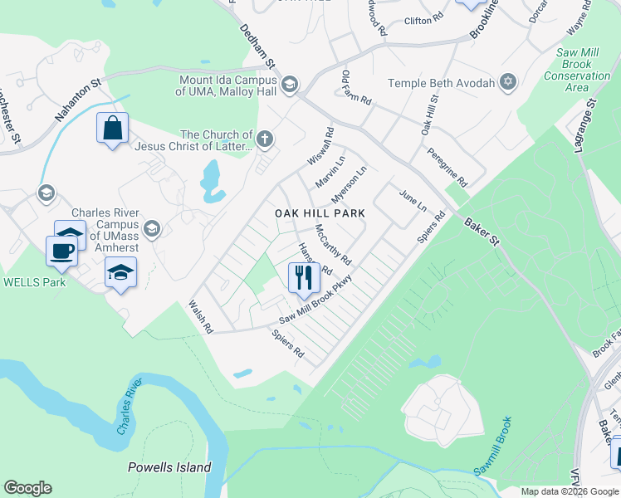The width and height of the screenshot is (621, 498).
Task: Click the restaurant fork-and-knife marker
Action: (x=304, y=277)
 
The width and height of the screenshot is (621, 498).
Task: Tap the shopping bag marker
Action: (x=112, y=129)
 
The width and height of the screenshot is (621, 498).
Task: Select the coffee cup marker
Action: (x=62, y=251)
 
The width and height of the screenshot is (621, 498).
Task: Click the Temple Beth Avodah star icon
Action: (x=508, y=83)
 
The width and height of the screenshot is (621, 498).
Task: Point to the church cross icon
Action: (x=265, y=139)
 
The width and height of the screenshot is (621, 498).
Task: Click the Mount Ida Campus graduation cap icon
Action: (x=290, y=84)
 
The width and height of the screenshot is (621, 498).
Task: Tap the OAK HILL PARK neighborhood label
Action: (x=320, y=213)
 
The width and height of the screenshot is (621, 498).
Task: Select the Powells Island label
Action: (x=169, y=467)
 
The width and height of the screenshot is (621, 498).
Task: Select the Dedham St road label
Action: (x=257, y=46)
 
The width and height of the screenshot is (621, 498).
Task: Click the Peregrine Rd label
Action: (x=447, y=167)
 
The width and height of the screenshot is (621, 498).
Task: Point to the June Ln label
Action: (x=413, y=200)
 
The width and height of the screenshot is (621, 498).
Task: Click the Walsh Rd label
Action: (x=201, y=317)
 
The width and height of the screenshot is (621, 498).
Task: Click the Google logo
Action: (x=27, y=488)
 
